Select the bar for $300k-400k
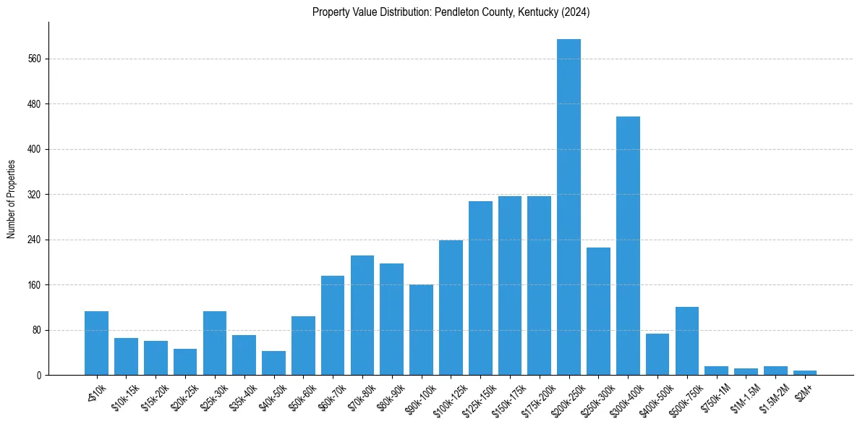click(x=628, y=246)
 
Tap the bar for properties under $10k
click(x=96, y=343)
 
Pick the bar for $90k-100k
click(x=421, y=330)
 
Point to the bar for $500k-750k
click(x=687, y=341)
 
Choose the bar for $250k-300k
click(x=598, y=311)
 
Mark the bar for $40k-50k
click(x=273, y=363)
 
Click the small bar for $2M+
click(x=805, y=373)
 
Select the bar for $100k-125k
click(x=451, y=308)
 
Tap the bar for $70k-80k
click(x=362, y=316)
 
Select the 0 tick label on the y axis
click(x=40, y=376)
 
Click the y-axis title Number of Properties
click(x=11, y=199)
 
